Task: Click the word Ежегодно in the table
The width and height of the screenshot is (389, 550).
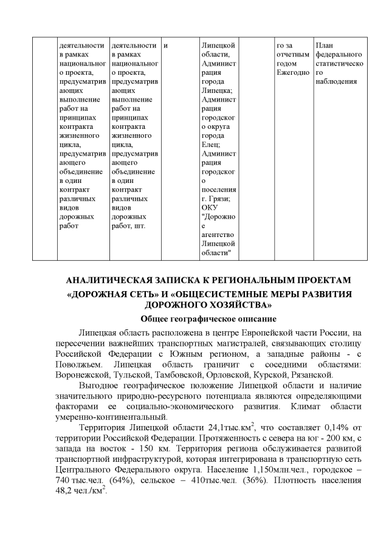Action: coord(292,72)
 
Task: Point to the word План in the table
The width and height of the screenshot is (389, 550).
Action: coord(325,45)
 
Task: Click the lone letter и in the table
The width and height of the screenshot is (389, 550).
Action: coord(165,45)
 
